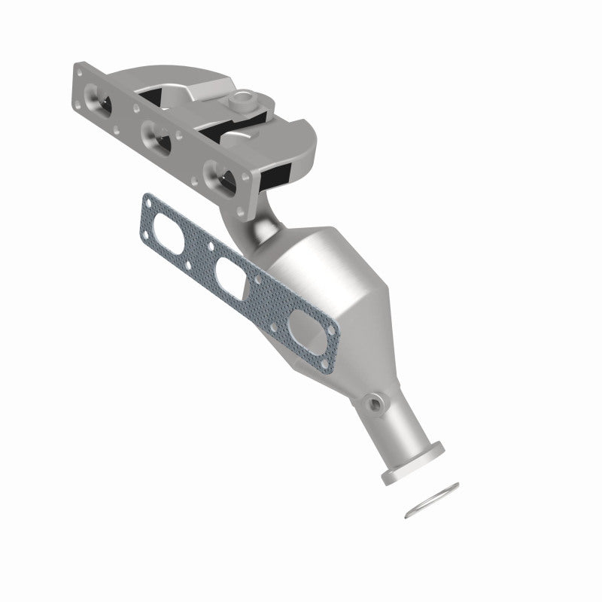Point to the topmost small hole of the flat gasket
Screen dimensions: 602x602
point(147,200)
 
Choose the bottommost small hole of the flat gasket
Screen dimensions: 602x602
point(325,366)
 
